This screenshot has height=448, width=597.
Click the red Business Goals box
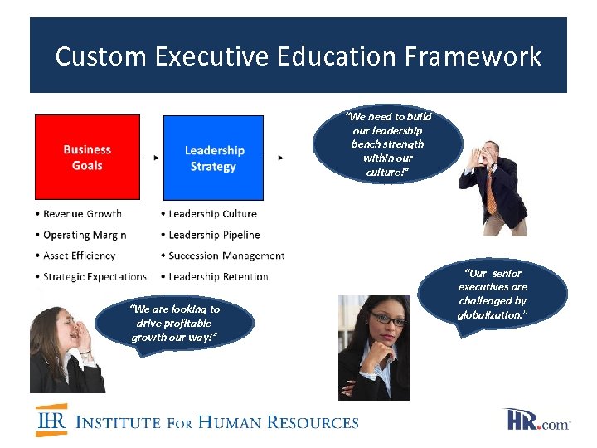coord(86,158)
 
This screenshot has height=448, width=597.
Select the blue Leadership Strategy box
coord(213,158)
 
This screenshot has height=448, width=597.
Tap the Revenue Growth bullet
coord(82,214)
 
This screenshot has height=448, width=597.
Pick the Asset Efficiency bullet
coord(79,256)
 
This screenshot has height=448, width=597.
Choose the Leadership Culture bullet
coord(212,214)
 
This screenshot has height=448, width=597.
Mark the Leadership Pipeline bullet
coord(214,235)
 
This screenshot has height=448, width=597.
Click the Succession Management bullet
coord(226,256)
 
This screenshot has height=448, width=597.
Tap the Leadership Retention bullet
coord(218,276)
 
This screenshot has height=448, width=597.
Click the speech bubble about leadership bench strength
coord(388,144)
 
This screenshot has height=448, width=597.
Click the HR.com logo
coord(537,420)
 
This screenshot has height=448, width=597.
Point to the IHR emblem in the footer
coord(51,421)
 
